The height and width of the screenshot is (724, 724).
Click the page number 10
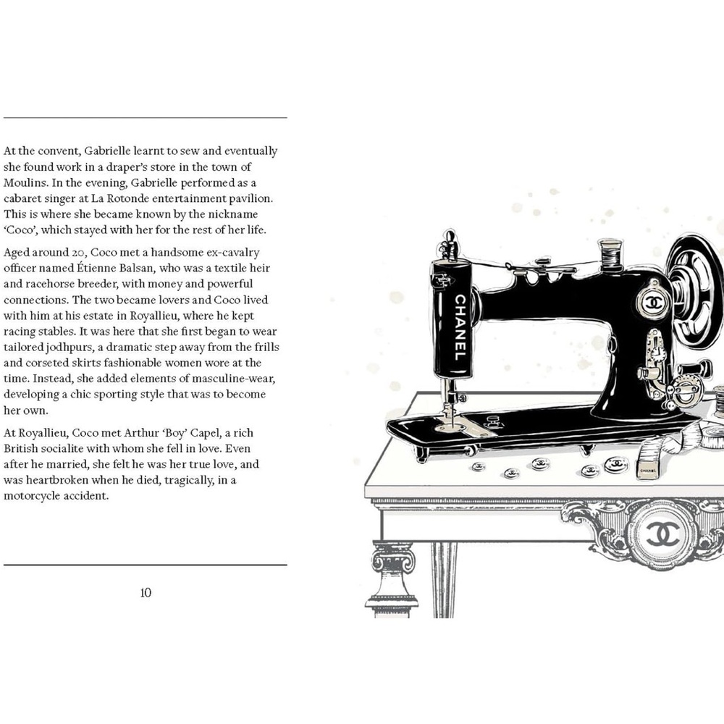[146, 593]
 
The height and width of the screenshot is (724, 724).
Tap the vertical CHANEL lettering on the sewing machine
[460, 328]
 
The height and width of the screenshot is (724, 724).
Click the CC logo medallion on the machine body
[654, 303]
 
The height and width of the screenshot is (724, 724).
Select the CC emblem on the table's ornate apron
[662, 535]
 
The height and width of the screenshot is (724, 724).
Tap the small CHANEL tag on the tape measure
[648, 470]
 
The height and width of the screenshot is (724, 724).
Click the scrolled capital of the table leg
[393, 557]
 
